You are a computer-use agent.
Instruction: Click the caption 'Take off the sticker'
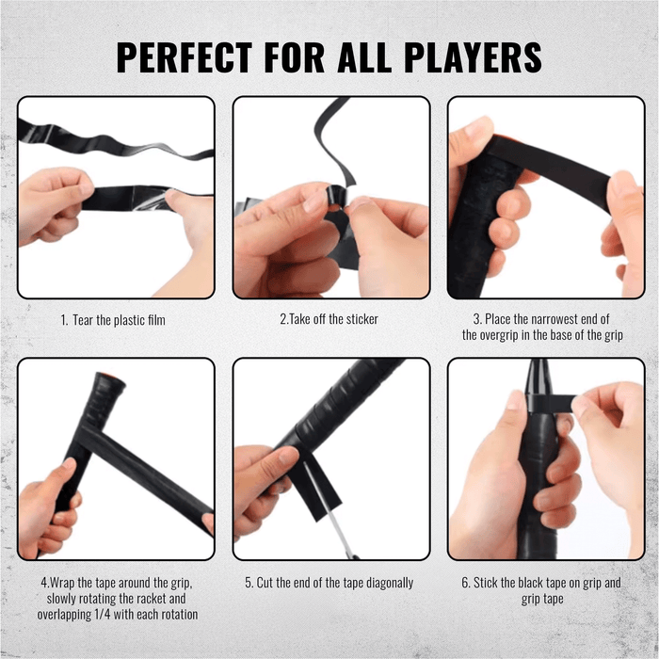[x=329, y=320]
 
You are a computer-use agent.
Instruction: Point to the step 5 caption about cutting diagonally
[x=329, y=583]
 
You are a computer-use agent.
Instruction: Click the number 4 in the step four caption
[x=44, y=583]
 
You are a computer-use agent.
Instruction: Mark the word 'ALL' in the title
[x=349, y=56]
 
